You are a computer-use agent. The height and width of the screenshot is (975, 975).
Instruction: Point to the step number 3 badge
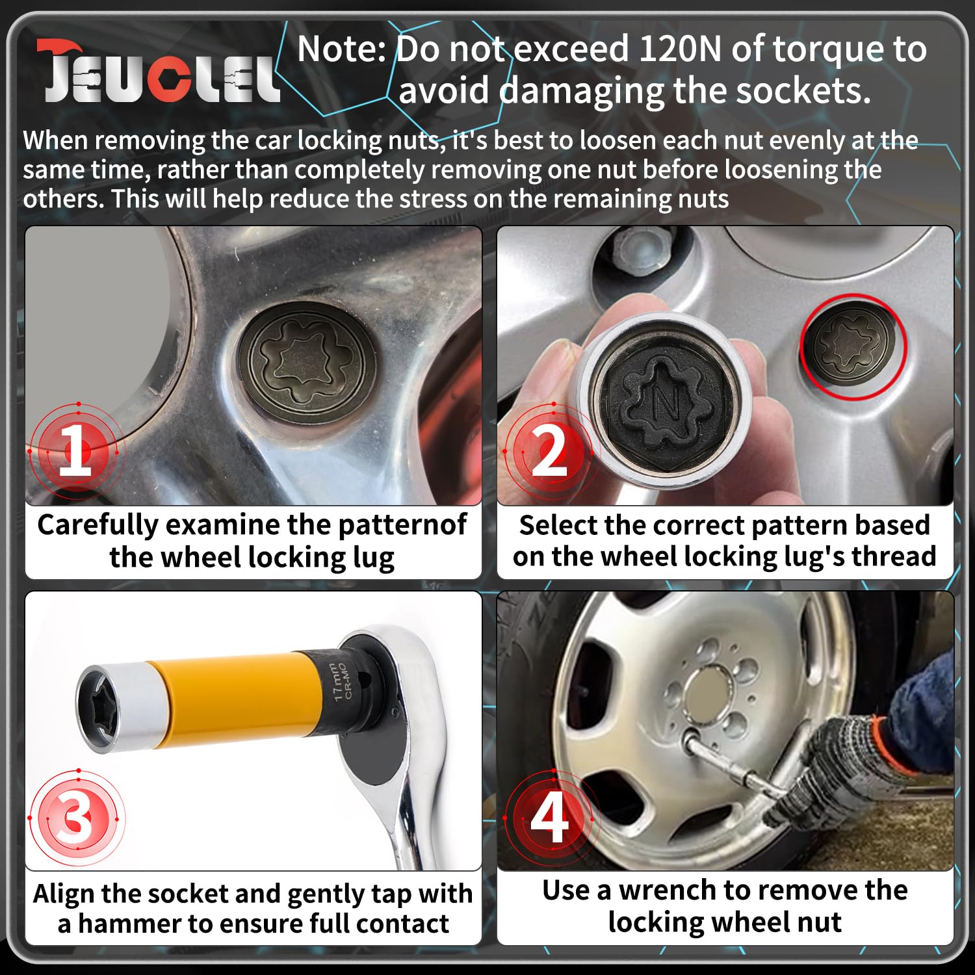click(x=76, y=817)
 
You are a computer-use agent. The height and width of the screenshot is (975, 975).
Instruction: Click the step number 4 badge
click(x=549, y=817)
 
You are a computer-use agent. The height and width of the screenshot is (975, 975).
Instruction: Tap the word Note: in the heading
click(x=342, y=49)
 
